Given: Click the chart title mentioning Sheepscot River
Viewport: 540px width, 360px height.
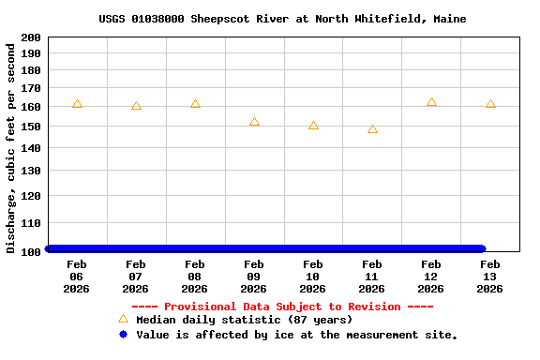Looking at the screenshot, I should point(282,19).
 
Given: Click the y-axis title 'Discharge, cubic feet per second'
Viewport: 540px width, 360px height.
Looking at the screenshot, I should point(11,147).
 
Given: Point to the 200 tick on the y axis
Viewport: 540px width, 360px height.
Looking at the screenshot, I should point(30,37).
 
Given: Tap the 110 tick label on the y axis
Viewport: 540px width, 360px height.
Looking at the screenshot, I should point(30,224).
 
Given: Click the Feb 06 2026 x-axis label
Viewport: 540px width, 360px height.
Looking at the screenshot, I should point(77,277).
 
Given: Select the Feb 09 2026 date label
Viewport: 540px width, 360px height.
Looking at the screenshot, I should point(254,277).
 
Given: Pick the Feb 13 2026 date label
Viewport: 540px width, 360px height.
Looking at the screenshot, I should point(490,277).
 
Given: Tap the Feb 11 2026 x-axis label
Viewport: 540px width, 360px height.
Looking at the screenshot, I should point(372,277).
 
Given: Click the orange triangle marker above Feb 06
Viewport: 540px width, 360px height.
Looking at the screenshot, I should point(77,104).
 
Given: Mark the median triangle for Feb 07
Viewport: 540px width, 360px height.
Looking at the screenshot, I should point(136,106).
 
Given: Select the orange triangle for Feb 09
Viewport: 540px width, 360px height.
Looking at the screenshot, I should point(254,122).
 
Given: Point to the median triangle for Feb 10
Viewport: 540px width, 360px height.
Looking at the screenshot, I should point(313,126).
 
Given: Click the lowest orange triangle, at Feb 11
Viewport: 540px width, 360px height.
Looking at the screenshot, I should point(372,129).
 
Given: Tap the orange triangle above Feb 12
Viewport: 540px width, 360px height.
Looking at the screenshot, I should point(431,102).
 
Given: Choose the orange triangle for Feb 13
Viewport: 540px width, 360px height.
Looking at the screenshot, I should point(490,104).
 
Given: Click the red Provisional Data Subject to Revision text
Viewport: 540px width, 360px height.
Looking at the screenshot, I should point(282,307).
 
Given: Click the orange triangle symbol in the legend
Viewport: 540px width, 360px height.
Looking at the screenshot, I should point(123,320).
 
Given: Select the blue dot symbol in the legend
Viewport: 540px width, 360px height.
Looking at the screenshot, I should point(123,335).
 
